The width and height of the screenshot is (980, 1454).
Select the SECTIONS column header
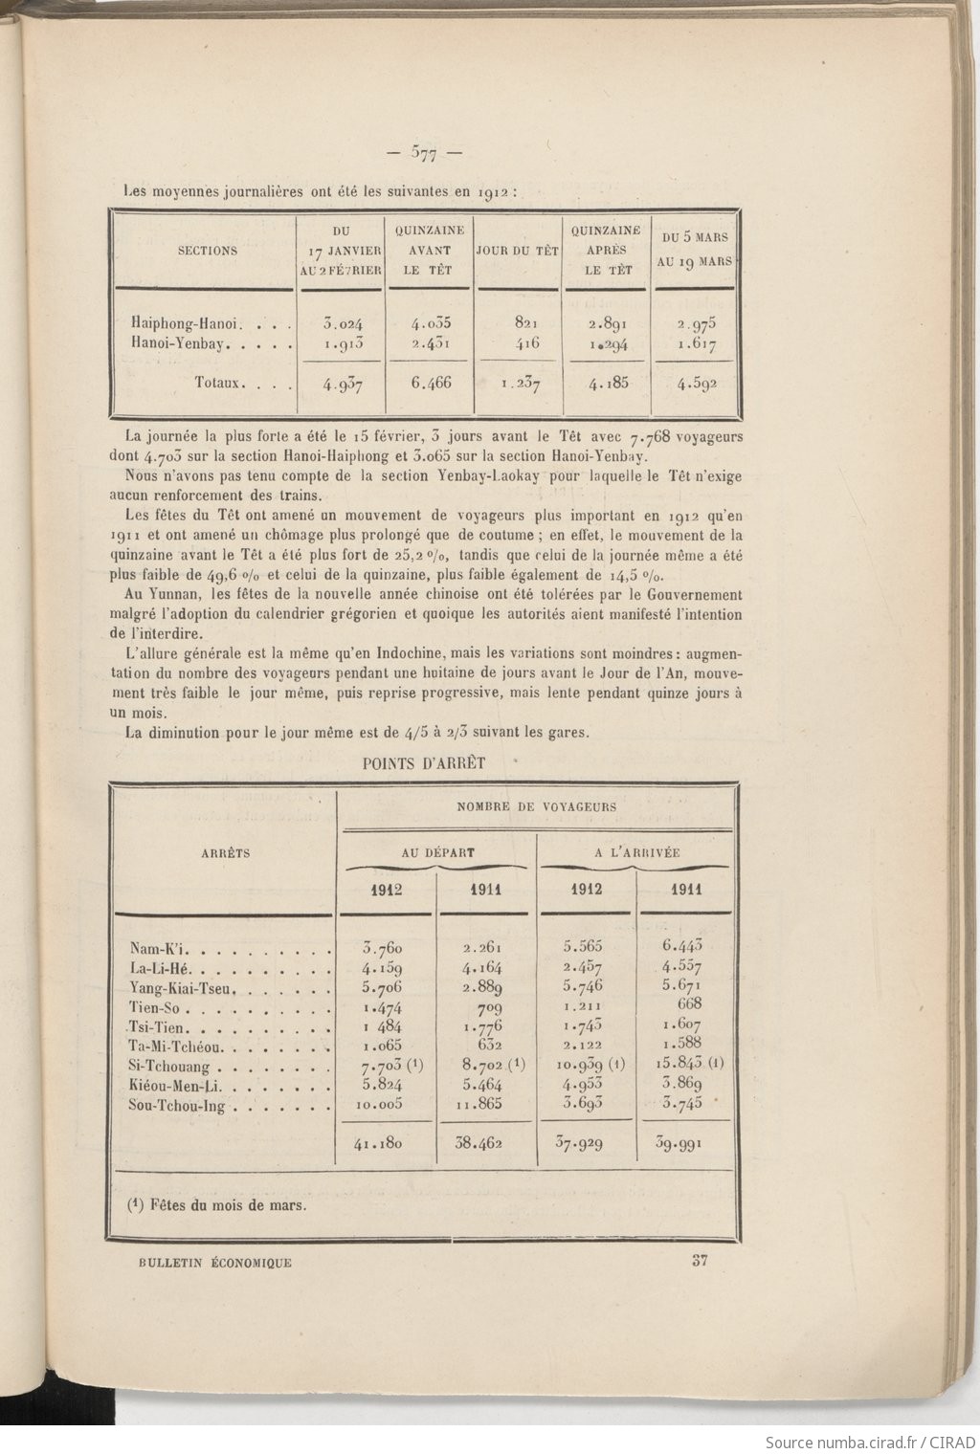coord(208,252)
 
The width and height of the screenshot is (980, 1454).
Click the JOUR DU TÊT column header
coord(518,252)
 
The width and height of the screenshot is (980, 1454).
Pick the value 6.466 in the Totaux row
coord(431,383)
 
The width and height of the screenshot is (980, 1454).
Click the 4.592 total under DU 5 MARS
coord(696,385)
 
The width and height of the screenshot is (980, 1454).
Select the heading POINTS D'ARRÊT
coord(424,763)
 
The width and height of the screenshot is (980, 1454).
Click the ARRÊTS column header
coord(226,852)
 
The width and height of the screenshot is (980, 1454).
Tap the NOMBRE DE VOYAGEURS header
coord(536,807)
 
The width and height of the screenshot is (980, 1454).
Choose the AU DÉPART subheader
coord(437,852)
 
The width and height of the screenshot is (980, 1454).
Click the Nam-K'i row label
coord(161,949)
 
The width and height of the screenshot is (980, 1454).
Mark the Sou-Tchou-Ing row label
coord(177,1106)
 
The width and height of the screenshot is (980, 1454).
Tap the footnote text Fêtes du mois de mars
coord(224,1204)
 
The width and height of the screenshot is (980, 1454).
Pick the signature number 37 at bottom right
coord(700,1261)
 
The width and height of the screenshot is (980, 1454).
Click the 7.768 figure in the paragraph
coord(651,437)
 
